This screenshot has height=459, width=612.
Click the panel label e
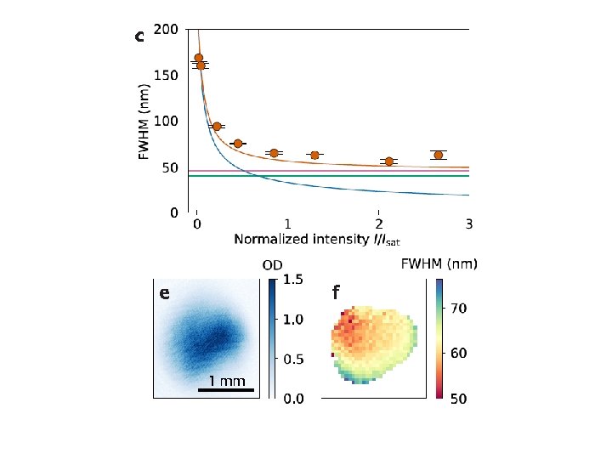click(164, 294)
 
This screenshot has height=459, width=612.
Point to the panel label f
click(336, 293)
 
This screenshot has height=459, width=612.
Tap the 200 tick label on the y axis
click(167, 30)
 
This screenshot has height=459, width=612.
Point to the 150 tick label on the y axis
click(167, 76)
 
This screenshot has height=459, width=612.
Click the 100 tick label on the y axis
click(167, 122)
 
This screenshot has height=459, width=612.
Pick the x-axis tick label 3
click(469, 224)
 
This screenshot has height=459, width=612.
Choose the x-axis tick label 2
click(378, 224)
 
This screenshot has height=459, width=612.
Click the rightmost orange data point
click(439, 155)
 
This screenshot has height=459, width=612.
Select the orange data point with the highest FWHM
click(198, 58)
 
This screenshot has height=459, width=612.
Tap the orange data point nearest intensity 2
click(389, 161)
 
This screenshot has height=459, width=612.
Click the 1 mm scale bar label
click(226, 381)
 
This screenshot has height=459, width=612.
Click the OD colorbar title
click(273, 265)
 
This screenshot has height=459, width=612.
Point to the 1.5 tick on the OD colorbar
click(293, 280)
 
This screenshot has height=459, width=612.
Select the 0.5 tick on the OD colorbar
click(293, 359)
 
